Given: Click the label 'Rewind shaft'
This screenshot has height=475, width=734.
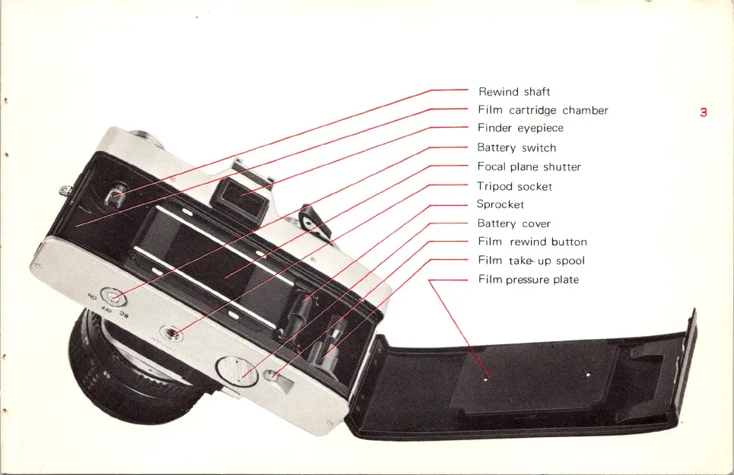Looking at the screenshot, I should pyautogui.click(x=514, y=92).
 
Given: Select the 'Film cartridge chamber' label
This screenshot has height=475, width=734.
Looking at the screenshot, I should pyautogui.click(x=542, y=110).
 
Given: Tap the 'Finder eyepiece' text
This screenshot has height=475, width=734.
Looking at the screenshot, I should pyautogui.click(x=520, y=128).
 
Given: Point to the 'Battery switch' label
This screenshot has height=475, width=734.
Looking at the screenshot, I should pyautogui.click(x=516, y=147).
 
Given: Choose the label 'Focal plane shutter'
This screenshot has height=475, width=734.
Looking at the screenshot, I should pyautogui.click(x=529, y=166).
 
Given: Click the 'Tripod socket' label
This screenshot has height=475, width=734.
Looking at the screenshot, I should pyautogui.click(x=514, y=186).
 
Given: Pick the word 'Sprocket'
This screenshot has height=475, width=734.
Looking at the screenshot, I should pyautogui.click(x=500, y=204).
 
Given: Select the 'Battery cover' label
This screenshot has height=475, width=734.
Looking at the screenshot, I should pyautogui.click(x=513, y=223).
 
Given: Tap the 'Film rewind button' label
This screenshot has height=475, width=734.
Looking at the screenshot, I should pyautogui.click(x=532, y=242).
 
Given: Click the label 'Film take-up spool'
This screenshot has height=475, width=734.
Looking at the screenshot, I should pyautogui.click(x=531, y=261).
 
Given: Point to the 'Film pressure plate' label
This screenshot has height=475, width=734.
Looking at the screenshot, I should pyautogui.click(x=528, y=280).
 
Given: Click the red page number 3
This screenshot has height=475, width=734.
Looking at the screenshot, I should pyautogui.click(x=704, y=112).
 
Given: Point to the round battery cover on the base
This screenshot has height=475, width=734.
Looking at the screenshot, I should pyautogui.click(x=233, y=370).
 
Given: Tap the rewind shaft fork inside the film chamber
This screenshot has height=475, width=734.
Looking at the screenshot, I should pyautogui.click(x=116, y=198).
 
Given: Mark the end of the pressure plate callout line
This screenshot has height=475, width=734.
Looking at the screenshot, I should pyautogui.click(x=487, y=374).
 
